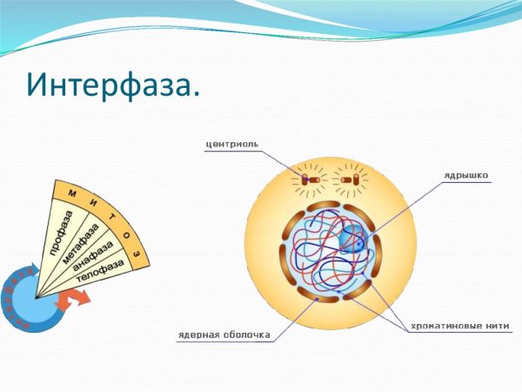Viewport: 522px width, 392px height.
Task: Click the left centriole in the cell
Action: pos(309,179)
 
